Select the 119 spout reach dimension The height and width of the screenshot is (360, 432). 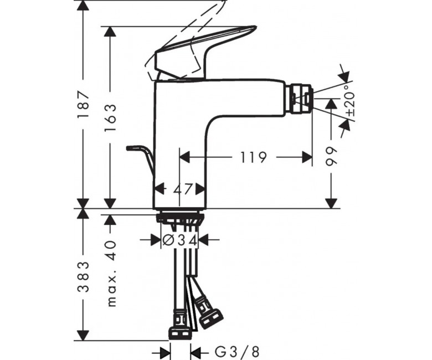254,157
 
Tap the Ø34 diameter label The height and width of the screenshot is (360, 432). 180,240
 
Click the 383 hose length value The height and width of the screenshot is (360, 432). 83,277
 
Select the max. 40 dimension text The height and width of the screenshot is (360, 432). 111,274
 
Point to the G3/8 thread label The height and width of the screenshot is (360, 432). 237,352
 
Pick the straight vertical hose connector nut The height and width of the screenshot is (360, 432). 179,325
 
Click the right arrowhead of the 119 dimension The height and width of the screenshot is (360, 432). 307,157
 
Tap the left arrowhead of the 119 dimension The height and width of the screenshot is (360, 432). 185,157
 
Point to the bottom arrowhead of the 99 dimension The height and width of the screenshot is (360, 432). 331,203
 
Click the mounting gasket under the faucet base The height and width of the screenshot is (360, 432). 179,217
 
